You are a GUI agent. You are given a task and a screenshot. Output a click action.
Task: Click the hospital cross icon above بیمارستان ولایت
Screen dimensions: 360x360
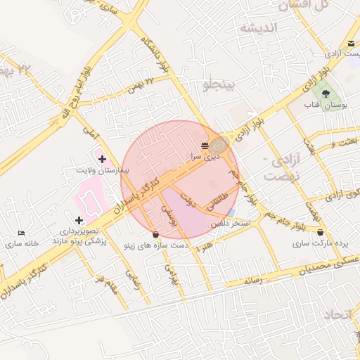(x=103, y=160)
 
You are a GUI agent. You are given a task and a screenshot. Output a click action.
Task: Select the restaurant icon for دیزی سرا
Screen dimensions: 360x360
(x=205, y=146)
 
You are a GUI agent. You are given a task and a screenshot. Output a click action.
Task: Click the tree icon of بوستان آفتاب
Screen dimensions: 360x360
(x=326, y=94)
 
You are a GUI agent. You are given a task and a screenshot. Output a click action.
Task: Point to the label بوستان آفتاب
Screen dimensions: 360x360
(x=322, y=105)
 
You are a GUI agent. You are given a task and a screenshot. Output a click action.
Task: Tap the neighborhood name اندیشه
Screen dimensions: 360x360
(x=259, y=28)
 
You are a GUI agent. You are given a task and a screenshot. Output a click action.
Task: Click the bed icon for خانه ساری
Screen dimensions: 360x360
(x=21, y=233)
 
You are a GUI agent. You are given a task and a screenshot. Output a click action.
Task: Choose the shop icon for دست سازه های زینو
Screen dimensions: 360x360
(x=155, y=234)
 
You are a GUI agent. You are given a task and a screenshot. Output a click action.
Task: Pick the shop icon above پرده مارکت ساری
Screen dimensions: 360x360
(x=321, y=233)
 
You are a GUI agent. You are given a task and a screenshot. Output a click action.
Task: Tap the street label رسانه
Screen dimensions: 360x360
(x=252, y=281)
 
